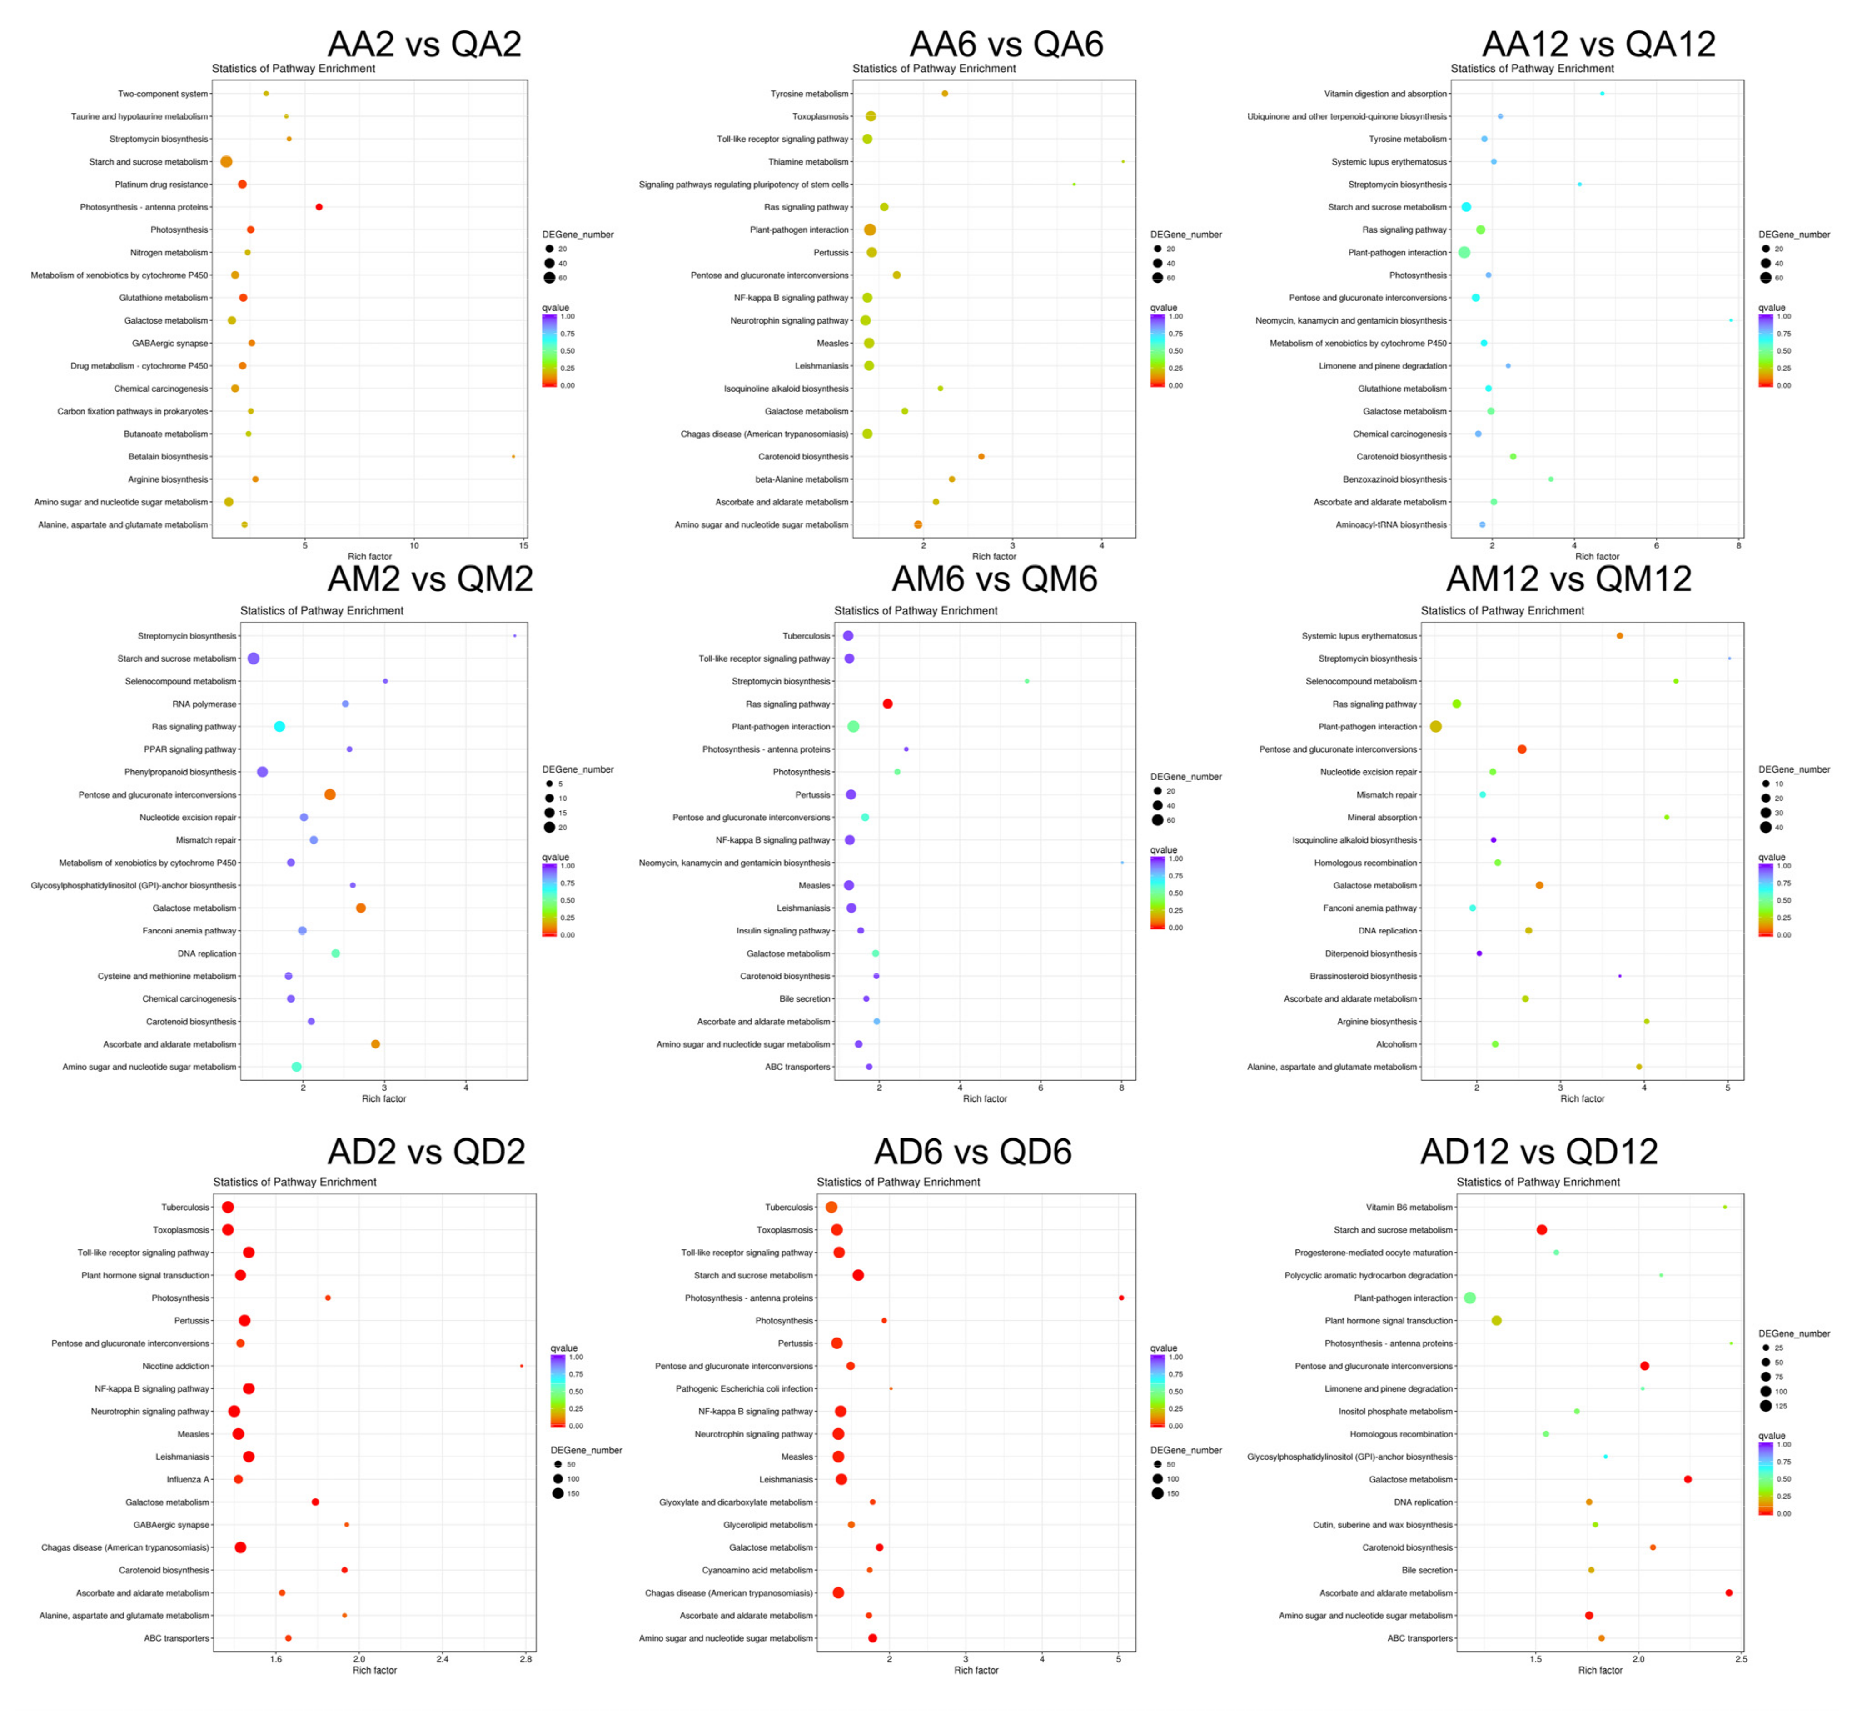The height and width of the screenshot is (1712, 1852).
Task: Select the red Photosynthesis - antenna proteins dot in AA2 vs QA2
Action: click(x=319, y=207)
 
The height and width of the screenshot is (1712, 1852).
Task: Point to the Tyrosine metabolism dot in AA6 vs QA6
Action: click(x=944, y=94)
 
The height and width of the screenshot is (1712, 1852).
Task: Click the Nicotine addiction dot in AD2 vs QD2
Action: click(x=521, y=1366)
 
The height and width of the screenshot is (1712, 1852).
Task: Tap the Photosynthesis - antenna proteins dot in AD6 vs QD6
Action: click(x=1120, y=1298)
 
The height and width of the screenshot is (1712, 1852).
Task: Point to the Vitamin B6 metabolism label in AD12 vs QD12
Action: click(x=1409, y=1207)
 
